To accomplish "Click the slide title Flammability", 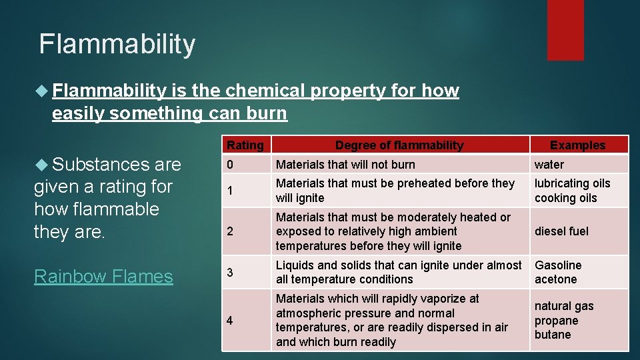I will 117,44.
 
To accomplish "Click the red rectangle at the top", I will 565,30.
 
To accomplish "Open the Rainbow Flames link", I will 103,276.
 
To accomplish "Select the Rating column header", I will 245,145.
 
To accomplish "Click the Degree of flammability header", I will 399,145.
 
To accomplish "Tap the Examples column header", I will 577,145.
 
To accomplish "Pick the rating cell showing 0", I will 230,165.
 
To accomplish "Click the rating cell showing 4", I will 230,321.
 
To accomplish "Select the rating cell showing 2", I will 230,231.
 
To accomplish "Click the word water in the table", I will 549,165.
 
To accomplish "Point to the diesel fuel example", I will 561,231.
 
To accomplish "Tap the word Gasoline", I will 558,265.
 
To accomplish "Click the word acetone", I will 555,279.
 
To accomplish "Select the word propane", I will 556,321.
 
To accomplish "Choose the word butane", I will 553,335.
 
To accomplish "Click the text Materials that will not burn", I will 345,165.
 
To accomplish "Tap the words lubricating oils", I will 572,183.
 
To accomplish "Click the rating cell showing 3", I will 230,273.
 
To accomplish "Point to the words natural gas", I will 563,306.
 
